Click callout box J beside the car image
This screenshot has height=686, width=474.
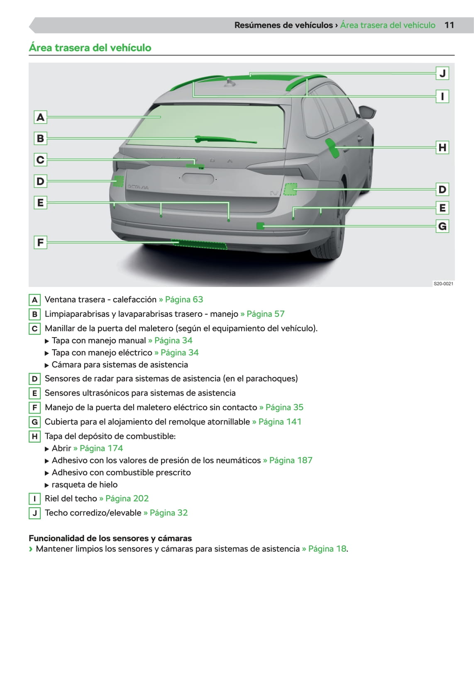pyautogui.click(x=442, y=73)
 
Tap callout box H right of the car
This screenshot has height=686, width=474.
pyautogui.click(x=442, y=147)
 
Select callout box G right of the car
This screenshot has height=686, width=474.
pyautogui.click(x=442, y=226)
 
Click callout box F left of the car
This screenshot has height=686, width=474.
pyautogui.click(x=40, y=242)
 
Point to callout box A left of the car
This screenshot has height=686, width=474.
pyautogui.click(x=40, y=117)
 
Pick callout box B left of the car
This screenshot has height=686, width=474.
pyautogui.click(x=40, y=138)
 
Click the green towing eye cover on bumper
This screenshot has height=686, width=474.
pyautogui.click(x=260, y=226)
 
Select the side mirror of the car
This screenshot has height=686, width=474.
pyautogui.click(x=367, y=112)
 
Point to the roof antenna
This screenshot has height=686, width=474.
pyautogui.click(x=230, y=83)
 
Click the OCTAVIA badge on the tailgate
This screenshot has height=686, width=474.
pyautogui.click(x=138, y=187)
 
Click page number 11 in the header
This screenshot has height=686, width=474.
pyautogui.click(x=449, y=25)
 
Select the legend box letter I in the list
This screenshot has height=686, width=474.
pyautogui.click(x=34, y=499)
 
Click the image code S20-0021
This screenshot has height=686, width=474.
pyautogui.click(x=443, y=284)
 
